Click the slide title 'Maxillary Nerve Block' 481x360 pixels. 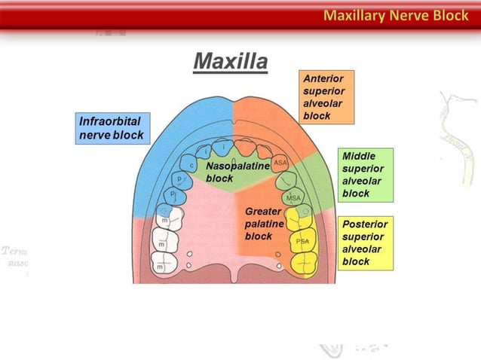pyautogui.click(x=396, y=15)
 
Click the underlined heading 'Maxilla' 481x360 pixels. pyautogui.click(x=230, y=60)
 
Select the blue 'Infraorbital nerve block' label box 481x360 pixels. pyautogui.click(x=112, y=128)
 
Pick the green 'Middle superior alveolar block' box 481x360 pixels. pyautogui.click(x=366, y=175)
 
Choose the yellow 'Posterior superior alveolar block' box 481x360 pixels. pyautogui.click(x=366, y=243)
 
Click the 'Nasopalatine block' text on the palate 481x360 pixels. pyautogui.click(x=237, y=172)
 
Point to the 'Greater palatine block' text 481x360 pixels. pyautogui.click(x=264, y=224)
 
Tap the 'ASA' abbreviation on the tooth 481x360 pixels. pyautogui.click(x=280, y=163)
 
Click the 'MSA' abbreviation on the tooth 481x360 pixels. pyautogui.click(x=294, y=198)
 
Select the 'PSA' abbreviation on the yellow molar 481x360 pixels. pyautogui.click(x=302, y=241)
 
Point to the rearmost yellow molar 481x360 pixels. pyautogui.click(x=305, y=263)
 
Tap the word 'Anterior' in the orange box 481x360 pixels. pyautogui.click(x=323, y=78)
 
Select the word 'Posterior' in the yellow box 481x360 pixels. pyautogui.click(x=365, y=224)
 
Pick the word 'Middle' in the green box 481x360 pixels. pyautogui.click(x=359, y=156)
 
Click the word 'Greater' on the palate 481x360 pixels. pyautogui.click(x=262, y=212)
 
